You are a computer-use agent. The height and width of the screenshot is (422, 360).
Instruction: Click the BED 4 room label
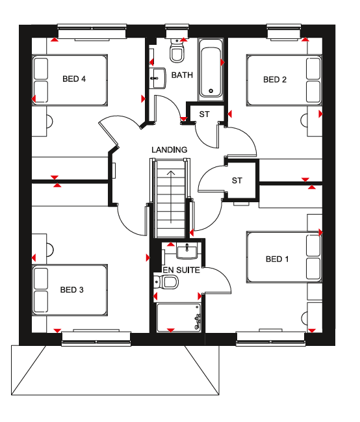74,79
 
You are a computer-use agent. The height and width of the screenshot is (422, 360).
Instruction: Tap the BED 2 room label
275,80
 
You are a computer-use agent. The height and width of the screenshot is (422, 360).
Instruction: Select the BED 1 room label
277,259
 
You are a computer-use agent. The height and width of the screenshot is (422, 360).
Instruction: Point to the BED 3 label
72,290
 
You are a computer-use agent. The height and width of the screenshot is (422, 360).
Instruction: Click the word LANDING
169,150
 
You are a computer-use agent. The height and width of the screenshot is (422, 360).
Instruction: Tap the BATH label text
182,75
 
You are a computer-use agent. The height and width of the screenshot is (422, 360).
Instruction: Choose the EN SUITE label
181,270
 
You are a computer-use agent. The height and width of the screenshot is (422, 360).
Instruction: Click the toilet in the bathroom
177,51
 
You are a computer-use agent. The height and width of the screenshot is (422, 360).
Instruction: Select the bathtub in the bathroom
211,70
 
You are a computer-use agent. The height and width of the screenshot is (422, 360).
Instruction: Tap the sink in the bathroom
159,78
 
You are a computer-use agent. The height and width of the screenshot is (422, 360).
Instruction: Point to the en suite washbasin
187,252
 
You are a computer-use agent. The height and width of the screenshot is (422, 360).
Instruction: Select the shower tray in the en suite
179,318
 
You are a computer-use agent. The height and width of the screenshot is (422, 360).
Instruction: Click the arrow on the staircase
171,197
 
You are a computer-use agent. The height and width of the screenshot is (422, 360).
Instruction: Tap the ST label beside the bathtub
204,114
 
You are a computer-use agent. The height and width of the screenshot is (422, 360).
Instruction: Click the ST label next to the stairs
237,181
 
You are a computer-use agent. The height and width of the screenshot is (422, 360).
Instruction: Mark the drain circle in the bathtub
211,91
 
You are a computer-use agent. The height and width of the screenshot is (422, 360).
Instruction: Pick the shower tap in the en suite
198,320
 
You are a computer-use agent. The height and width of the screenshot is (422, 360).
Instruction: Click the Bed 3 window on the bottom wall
96,339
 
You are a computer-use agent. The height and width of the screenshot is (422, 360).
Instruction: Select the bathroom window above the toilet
177,31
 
